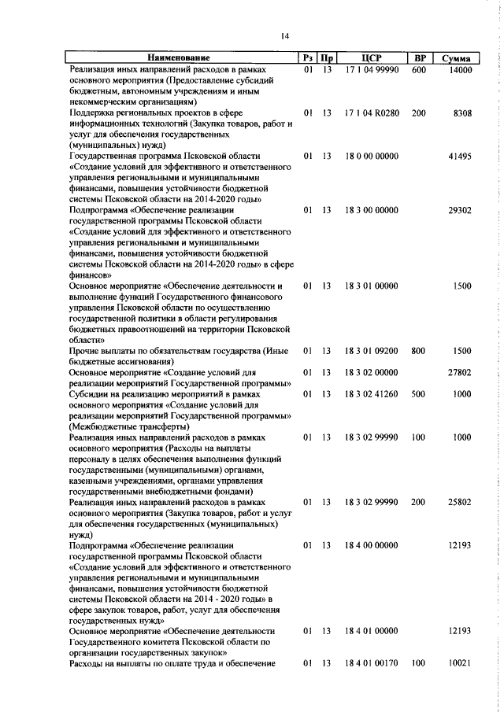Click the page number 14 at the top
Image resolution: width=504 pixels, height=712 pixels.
(285, 34)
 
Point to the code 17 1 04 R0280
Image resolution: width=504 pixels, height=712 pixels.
(372, 113)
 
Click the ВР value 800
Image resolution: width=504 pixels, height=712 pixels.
(418, 351)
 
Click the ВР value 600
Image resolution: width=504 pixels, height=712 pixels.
(418, 71)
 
